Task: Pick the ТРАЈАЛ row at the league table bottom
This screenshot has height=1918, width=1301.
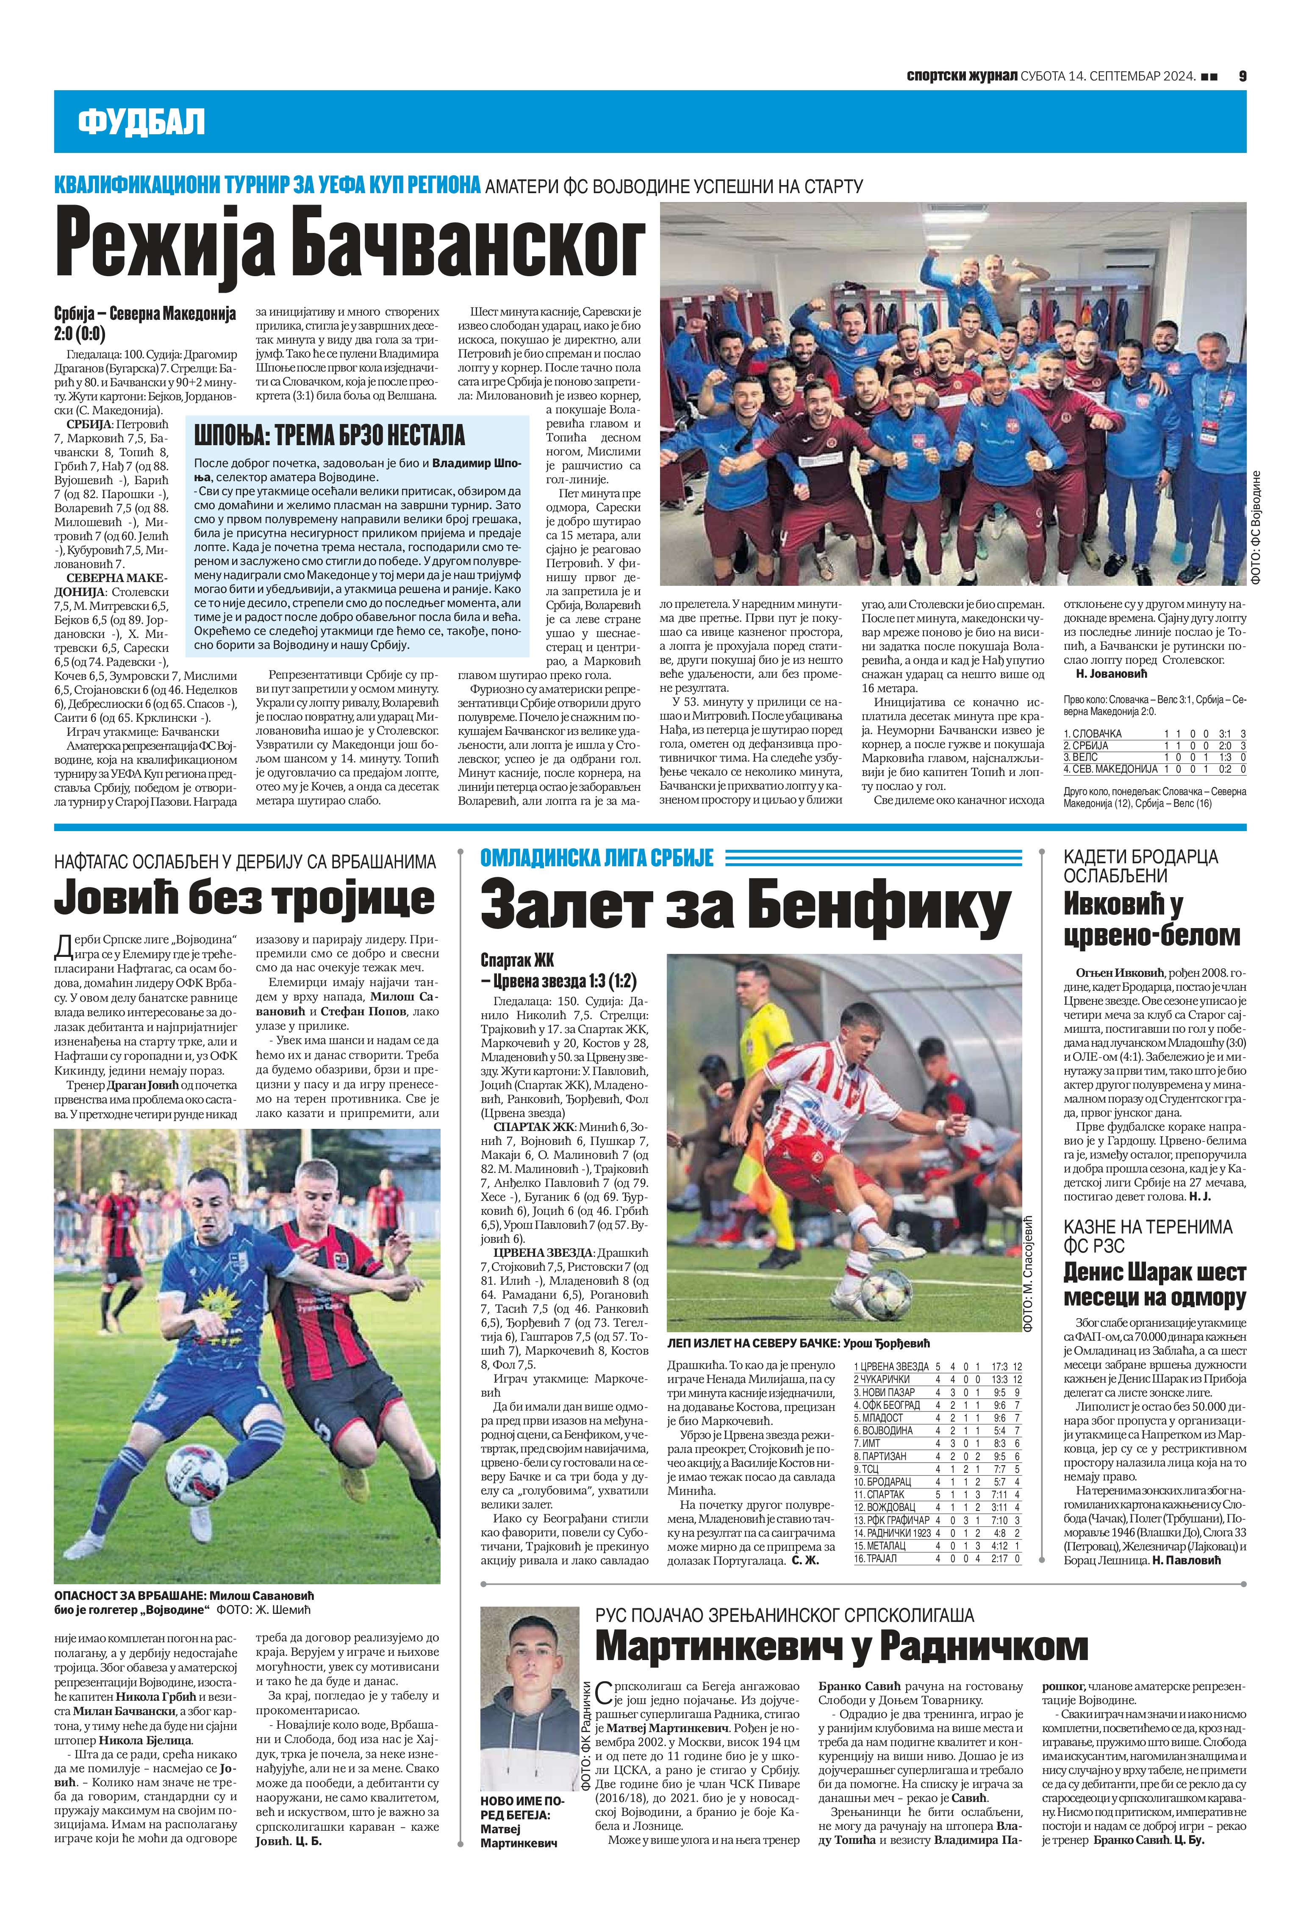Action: (x=937, y=1559)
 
